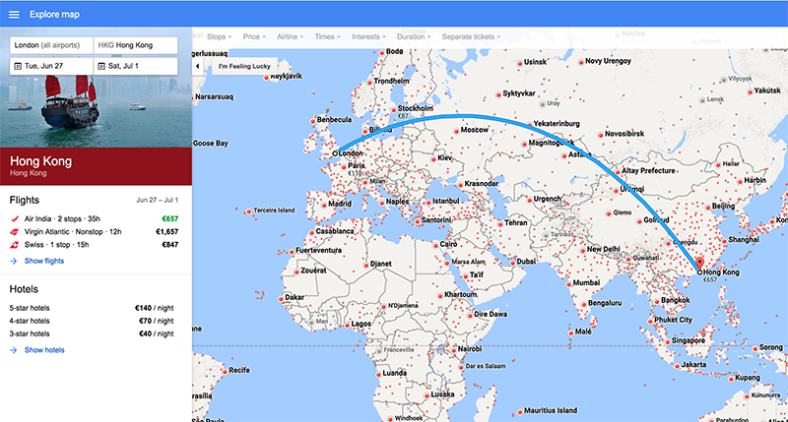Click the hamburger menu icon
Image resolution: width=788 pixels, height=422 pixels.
point(14,15)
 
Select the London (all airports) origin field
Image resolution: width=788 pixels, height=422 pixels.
point(48,45)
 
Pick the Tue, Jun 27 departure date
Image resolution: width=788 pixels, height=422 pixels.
point(48,66)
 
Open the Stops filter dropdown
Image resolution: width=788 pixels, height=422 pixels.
point(219,36)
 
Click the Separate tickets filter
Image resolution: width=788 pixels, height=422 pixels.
point(471,36)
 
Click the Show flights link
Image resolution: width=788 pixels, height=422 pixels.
point(43,261)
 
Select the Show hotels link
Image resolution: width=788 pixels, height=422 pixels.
point(43,349)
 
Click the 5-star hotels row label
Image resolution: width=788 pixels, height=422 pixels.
point(30,308)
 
